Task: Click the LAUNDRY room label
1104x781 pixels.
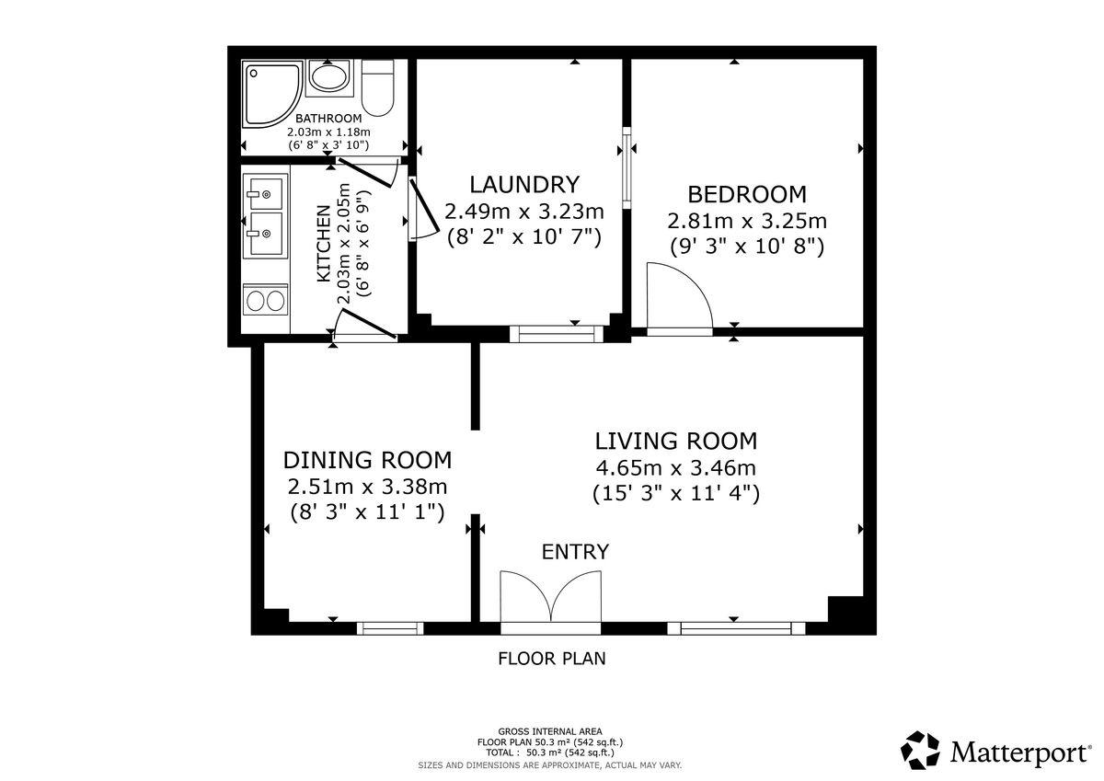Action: (x=523, y=185)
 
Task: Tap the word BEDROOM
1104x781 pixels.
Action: (x=747, y=195)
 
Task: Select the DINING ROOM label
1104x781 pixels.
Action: (x=367, y=460)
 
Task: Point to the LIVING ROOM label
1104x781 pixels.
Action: (x=675, y=441)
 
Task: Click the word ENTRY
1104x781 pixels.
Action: (x=575, y=552)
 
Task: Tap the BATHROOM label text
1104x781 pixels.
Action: (x=328, y=119)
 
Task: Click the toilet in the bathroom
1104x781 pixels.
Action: (x=377, y=87)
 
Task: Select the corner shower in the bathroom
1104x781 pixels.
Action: (x=272, y=94)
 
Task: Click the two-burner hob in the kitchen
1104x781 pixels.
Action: (x=266, y=300)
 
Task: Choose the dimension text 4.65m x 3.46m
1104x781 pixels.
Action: (x=675, y=468)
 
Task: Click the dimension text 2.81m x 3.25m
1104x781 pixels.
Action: (x=747, y=222)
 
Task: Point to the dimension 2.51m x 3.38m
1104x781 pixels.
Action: (x=367, y=488)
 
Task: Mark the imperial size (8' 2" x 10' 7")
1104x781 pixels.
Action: (x=523, y=238)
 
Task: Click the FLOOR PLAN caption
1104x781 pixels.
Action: (x=551, y=659)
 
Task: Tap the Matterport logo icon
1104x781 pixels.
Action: (x=920, y=750)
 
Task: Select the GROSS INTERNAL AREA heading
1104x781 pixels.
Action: (x=550, y=731)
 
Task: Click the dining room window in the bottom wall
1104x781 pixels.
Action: (x=390, y=628)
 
